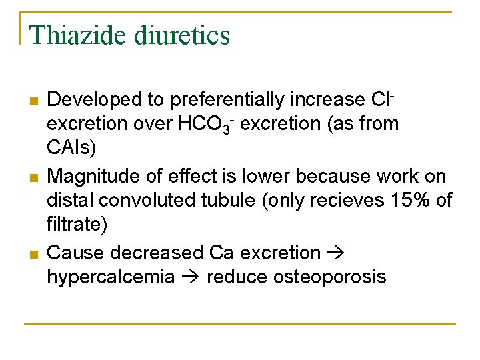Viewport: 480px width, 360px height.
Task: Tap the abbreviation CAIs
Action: [70, 146]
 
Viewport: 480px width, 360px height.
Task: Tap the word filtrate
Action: [76, 223]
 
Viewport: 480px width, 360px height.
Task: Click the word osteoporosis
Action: [329, 277]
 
